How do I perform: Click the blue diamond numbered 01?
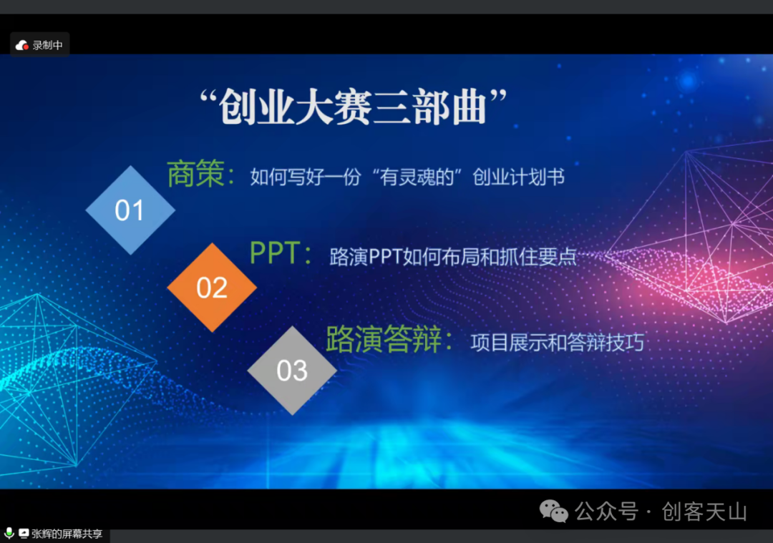(130, 210)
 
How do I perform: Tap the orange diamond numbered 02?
(212, 288)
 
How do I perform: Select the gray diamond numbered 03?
(292, 371)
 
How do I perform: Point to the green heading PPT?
(275, 253)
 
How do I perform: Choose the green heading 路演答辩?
(384, 339)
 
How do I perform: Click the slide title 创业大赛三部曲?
(353, 107)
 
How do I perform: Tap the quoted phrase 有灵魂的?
(417, 177)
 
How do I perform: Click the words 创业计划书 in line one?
(519, 177)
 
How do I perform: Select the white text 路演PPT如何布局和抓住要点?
(453, 257)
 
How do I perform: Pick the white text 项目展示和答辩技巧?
(558, 343)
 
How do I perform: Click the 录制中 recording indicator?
(39, 45)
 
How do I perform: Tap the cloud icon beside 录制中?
(21, 45)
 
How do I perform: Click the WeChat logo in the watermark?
(553, 511)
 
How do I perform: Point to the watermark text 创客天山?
(704, 512)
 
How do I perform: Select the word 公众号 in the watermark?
(606, 512)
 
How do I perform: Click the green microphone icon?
(9, 533)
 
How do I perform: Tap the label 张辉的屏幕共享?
(67, 534)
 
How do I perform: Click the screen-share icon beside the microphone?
(24, 533)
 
